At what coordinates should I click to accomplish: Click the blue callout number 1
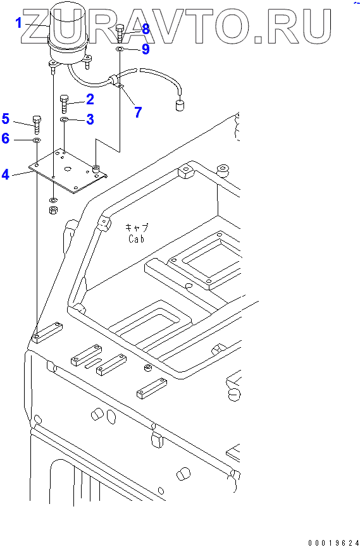coord(18,23)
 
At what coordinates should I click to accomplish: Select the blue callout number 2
coord(90,100)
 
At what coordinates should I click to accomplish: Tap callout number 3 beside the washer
coord(90,120)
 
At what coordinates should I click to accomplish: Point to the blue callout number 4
coord(5,174)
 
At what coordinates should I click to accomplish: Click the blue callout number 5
coord(5,119)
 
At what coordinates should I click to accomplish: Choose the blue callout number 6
coord(5,138)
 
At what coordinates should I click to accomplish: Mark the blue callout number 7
coord(138,113)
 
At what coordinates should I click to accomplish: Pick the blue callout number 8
coord(146,29)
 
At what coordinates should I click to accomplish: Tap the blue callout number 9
coord(146,49)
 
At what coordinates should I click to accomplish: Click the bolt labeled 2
coord(65,104)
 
